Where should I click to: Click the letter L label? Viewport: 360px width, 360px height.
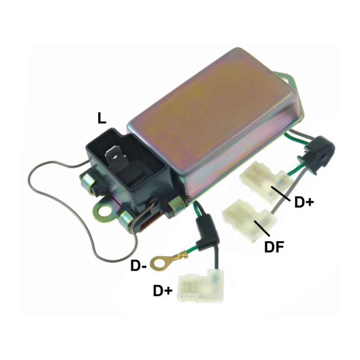(102, 119)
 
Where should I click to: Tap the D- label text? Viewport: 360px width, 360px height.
(139, 266)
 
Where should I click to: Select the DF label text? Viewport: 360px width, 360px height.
(274, 247)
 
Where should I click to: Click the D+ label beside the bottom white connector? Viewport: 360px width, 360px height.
(163, 291)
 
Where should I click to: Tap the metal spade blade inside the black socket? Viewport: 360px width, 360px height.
(116, 158)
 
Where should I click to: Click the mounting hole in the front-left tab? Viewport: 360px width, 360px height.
(105, 209)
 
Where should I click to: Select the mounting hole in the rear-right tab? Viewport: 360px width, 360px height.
(287, 80)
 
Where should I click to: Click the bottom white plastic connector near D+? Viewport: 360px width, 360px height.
(201, 285)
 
